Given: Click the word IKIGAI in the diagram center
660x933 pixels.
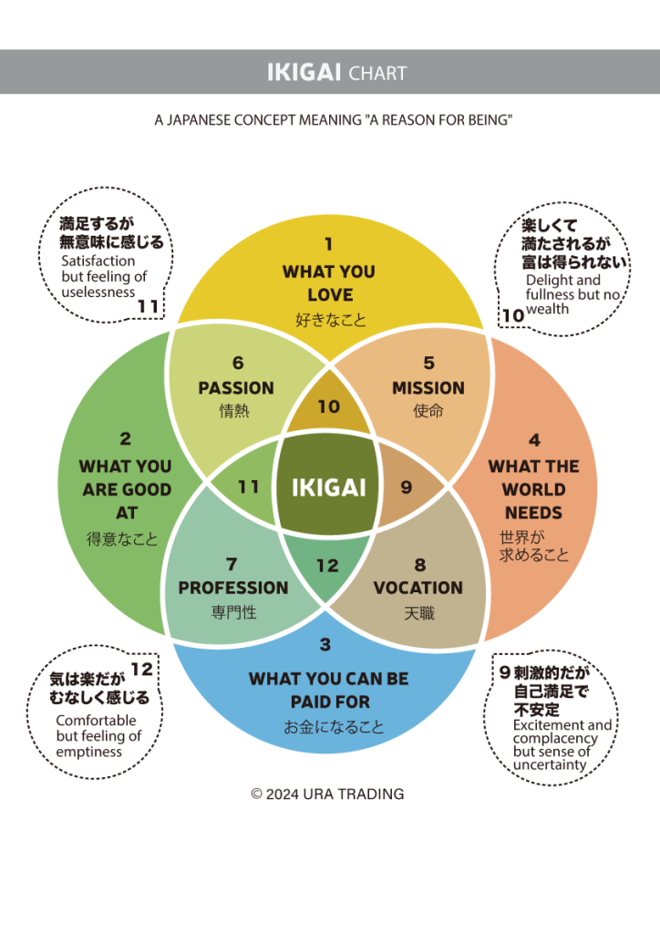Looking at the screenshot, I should coord(328,487).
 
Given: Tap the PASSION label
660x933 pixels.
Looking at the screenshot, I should coord(236,388).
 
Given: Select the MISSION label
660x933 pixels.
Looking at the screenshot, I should coord(428,388).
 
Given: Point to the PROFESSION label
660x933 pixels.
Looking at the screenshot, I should coord(233,589).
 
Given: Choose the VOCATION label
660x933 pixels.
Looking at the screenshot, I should coord(418,589).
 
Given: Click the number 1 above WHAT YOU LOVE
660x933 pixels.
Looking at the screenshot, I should coord(329,243).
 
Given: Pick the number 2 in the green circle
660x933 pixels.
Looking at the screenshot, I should coord(126,439).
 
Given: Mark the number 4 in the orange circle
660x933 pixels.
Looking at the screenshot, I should coord(534,441).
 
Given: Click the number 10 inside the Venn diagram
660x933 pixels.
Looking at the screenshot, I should coord(328,406).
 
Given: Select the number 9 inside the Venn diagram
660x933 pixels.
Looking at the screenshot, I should coord(406,487).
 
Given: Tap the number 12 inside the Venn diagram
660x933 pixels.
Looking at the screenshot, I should coord(327,566).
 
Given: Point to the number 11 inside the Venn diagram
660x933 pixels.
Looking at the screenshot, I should coord(249,487).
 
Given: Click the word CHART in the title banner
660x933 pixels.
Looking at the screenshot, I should coord(377,73).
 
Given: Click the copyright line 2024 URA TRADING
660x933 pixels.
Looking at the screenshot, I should coord(327,795).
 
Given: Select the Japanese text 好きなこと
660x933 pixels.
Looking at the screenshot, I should coord(328,320).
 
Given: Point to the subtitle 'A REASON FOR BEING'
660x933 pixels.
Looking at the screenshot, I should coord(438,120).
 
